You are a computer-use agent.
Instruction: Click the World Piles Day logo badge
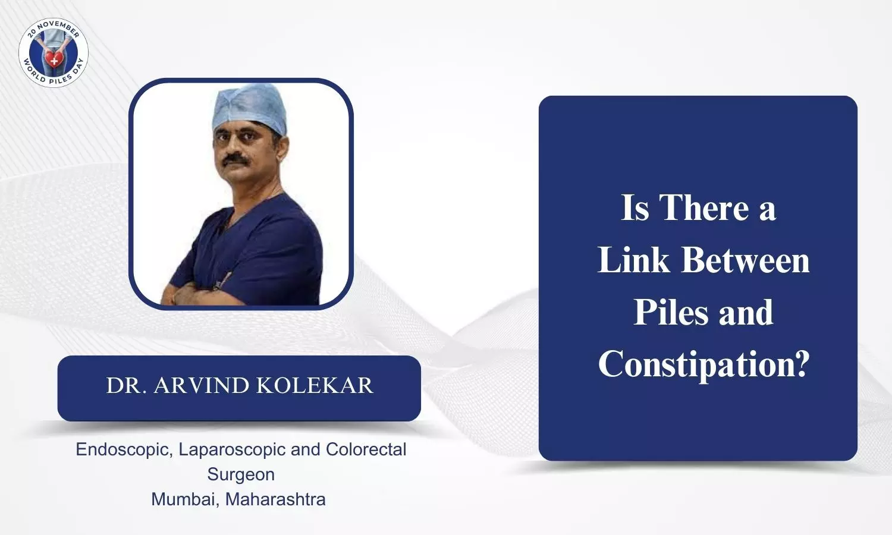pyautogui.click(x=54, y=52)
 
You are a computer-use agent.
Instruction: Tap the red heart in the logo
pyautogui.click(x=54, y=59)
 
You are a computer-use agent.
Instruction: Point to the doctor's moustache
pyautogui.click(x=236, y=159)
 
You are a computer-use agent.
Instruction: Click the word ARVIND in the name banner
pyautogui.click(x=202, y=385)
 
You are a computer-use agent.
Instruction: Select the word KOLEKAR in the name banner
pyautogui.click(x=314, y=385)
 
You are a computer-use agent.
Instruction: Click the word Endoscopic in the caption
pyautogui.click(x=124, y=450)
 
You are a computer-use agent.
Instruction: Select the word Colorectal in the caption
pyautogui.click(x=366, y=449)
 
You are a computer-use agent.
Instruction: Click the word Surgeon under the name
pyautogui.click(x=241, y=475)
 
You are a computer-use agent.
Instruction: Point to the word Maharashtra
pyautogui.click(x=275, y=499)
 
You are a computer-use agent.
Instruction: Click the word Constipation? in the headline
pyautogui.click(x=703, y=364)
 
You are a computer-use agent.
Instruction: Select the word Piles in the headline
pyautogui.click(x=671, y=312)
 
